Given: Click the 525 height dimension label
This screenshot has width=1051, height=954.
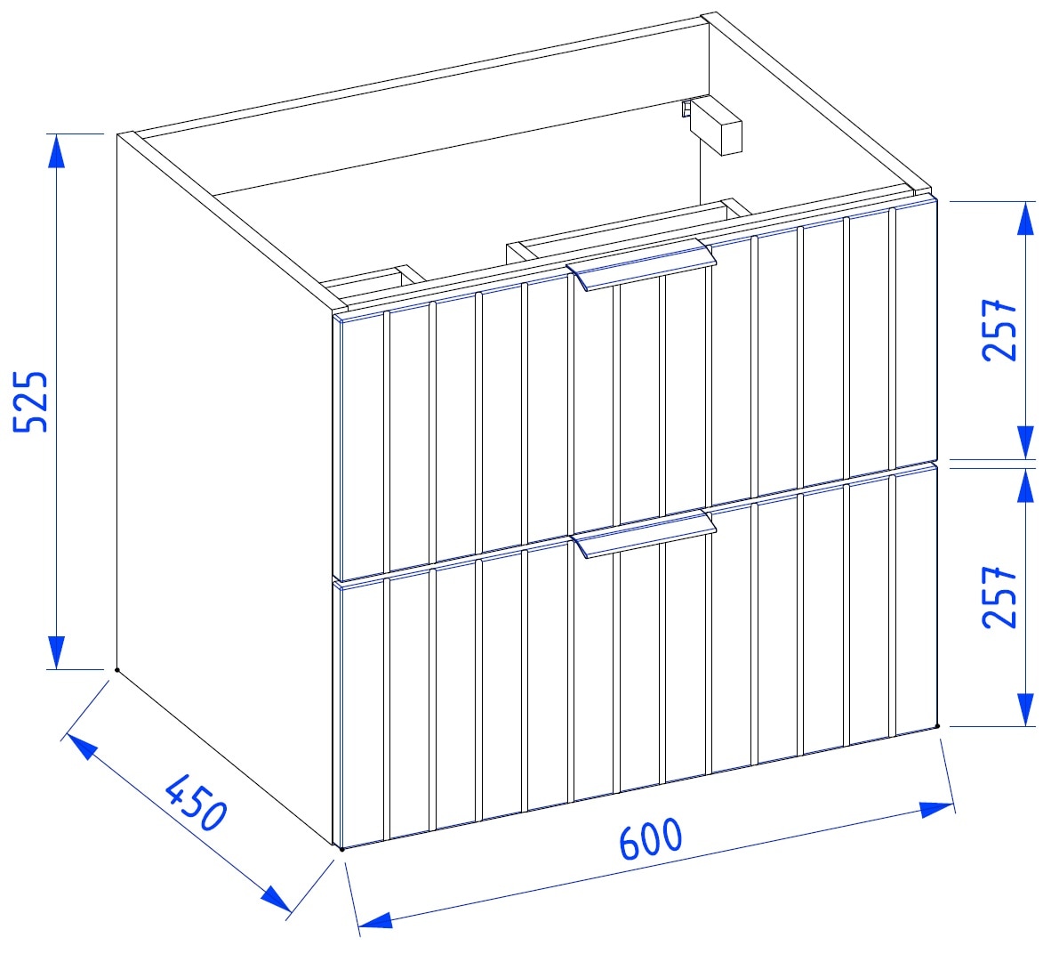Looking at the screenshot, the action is point(31,401).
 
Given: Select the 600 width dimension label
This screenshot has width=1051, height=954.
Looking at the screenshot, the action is point(650,838).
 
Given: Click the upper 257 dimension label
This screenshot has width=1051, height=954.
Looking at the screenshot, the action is point(999,330).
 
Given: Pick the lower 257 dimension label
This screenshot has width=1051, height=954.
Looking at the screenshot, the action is point(999,597).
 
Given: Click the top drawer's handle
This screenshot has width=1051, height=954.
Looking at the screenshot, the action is point(641,264).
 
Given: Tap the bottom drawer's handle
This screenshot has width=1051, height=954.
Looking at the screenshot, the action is point(643,533).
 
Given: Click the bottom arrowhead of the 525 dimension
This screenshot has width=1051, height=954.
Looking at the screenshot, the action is point(57,652).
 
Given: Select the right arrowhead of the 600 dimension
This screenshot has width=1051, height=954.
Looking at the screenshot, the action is point(936,808).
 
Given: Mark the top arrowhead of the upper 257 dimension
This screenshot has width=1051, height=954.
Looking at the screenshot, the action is point(1025,218).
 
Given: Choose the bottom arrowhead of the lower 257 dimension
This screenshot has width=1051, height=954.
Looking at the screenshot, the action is point(1025,710).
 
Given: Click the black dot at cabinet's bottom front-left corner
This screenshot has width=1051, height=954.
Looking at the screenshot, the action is point(341,849).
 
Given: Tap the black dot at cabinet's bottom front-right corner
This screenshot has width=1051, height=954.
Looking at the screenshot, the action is point(937,726).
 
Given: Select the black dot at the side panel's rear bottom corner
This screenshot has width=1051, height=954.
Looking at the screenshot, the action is point(117,669).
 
